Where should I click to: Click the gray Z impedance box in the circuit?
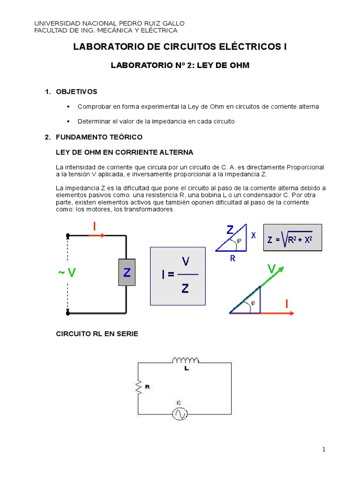coord(127,272)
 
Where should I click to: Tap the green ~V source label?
coord(67,272)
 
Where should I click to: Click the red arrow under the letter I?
coord(97,235)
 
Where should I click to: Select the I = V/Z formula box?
coord(177,276)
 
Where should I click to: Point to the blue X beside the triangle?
coord(254,236)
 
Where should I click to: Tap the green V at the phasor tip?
coord(271,269)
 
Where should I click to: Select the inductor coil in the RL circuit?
coord(186,360)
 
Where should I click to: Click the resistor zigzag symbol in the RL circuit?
coord(139,387)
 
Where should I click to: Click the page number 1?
coord(324,450)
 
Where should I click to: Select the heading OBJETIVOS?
coord(76,91)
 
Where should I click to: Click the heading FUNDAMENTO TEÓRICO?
coord(99,137)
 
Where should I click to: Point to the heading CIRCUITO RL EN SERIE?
coord(97,334)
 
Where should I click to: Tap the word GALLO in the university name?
coord(172,23)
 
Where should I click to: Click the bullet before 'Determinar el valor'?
coord(68,121)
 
